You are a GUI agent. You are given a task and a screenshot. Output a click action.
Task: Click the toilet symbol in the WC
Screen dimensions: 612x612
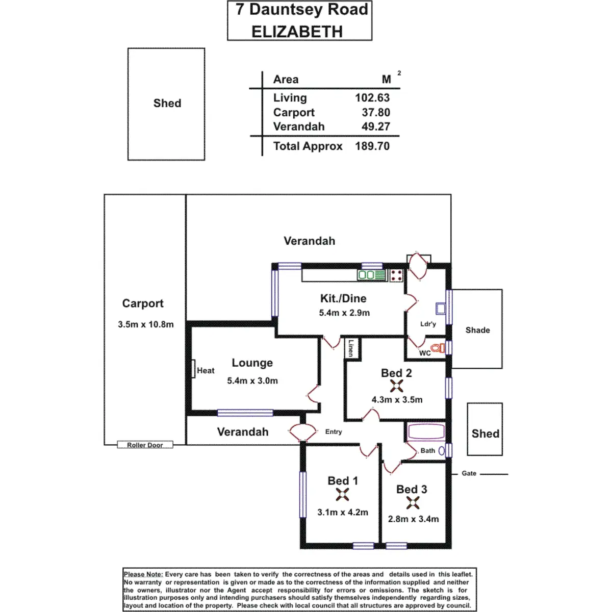[x=439, y=348]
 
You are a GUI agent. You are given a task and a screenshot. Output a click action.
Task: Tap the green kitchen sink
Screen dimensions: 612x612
[x=371, y=275]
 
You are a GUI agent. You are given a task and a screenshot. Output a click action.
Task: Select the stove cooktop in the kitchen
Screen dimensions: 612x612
[x=397, y=276]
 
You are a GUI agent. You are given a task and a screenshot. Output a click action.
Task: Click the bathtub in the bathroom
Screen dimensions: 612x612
[x=426, y=432]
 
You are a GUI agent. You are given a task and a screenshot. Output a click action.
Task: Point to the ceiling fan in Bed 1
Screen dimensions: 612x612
[x=342, y=494]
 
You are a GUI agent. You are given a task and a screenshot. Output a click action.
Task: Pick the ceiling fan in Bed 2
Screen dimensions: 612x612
[x=396, y=386]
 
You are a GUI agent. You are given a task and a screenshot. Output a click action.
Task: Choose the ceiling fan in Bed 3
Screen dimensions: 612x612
[x=413, y=503]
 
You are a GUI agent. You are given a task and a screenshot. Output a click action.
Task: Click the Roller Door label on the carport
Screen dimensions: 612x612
[x=145, y=445]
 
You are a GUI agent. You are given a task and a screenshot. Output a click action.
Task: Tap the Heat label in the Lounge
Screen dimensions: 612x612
[x=206, y=371]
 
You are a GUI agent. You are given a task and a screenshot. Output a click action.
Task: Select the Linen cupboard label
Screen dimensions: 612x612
[x=351, y=348]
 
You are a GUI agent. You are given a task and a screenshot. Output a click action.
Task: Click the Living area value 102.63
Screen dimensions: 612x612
[x=372, y=98]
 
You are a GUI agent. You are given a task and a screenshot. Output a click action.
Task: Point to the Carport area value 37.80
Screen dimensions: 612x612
[x=376, y=112]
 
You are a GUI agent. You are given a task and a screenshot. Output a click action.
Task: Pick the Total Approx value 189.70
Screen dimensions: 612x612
[x=372, y=146]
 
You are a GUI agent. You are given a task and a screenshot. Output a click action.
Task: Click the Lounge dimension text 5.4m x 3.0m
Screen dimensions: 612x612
[x=252, y=381]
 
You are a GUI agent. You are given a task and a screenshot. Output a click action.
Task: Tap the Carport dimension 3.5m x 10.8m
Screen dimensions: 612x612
[x=146, y=324]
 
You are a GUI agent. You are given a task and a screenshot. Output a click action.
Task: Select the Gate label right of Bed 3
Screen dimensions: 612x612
[x=469, y=473]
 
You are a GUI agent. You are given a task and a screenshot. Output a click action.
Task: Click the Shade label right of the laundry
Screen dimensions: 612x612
[x=477, y=330]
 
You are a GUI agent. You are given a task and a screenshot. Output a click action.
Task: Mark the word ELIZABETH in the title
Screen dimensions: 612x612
[x=297, y=32]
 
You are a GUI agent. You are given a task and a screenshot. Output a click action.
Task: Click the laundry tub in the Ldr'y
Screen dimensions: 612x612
[x=441, y=308]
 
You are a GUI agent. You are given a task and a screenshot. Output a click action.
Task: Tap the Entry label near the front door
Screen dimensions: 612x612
[x=334, y=431]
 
